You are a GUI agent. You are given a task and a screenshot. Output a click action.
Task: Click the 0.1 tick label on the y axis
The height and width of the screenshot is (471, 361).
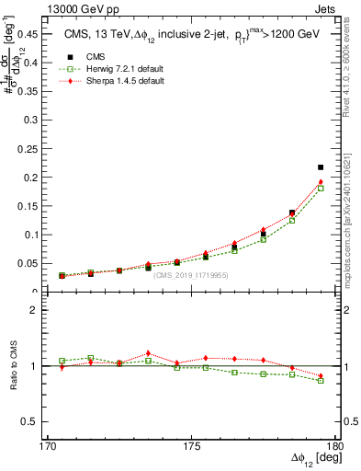28,235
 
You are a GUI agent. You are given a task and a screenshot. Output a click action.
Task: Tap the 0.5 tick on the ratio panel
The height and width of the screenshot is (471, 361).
28,421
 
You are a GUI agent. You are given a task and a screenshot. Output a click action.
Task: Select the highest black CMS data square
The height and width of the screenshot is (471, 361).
321,167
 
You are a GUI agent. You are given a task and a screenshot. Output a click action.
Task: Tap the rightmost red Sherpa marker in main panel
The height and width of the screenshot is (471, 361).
321,182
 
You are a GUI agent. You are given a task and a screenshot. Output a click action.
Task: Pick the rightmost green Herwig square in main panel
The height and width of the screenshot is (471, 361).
321,189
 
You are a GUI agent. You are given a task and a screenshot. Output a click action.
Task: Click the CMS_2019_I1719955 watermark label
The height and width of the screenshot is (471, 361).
191,275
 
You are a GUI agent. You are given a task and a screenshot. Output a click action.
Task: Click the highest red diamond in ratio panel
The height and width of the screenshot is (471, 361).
148,353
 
